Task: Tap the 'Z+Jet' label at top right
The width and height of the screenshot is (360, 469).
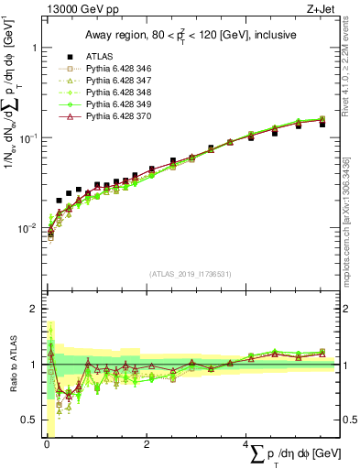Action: click(322, 9)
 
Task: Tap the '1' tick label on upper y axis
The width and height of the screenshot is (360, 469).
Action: click(34, 47)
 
